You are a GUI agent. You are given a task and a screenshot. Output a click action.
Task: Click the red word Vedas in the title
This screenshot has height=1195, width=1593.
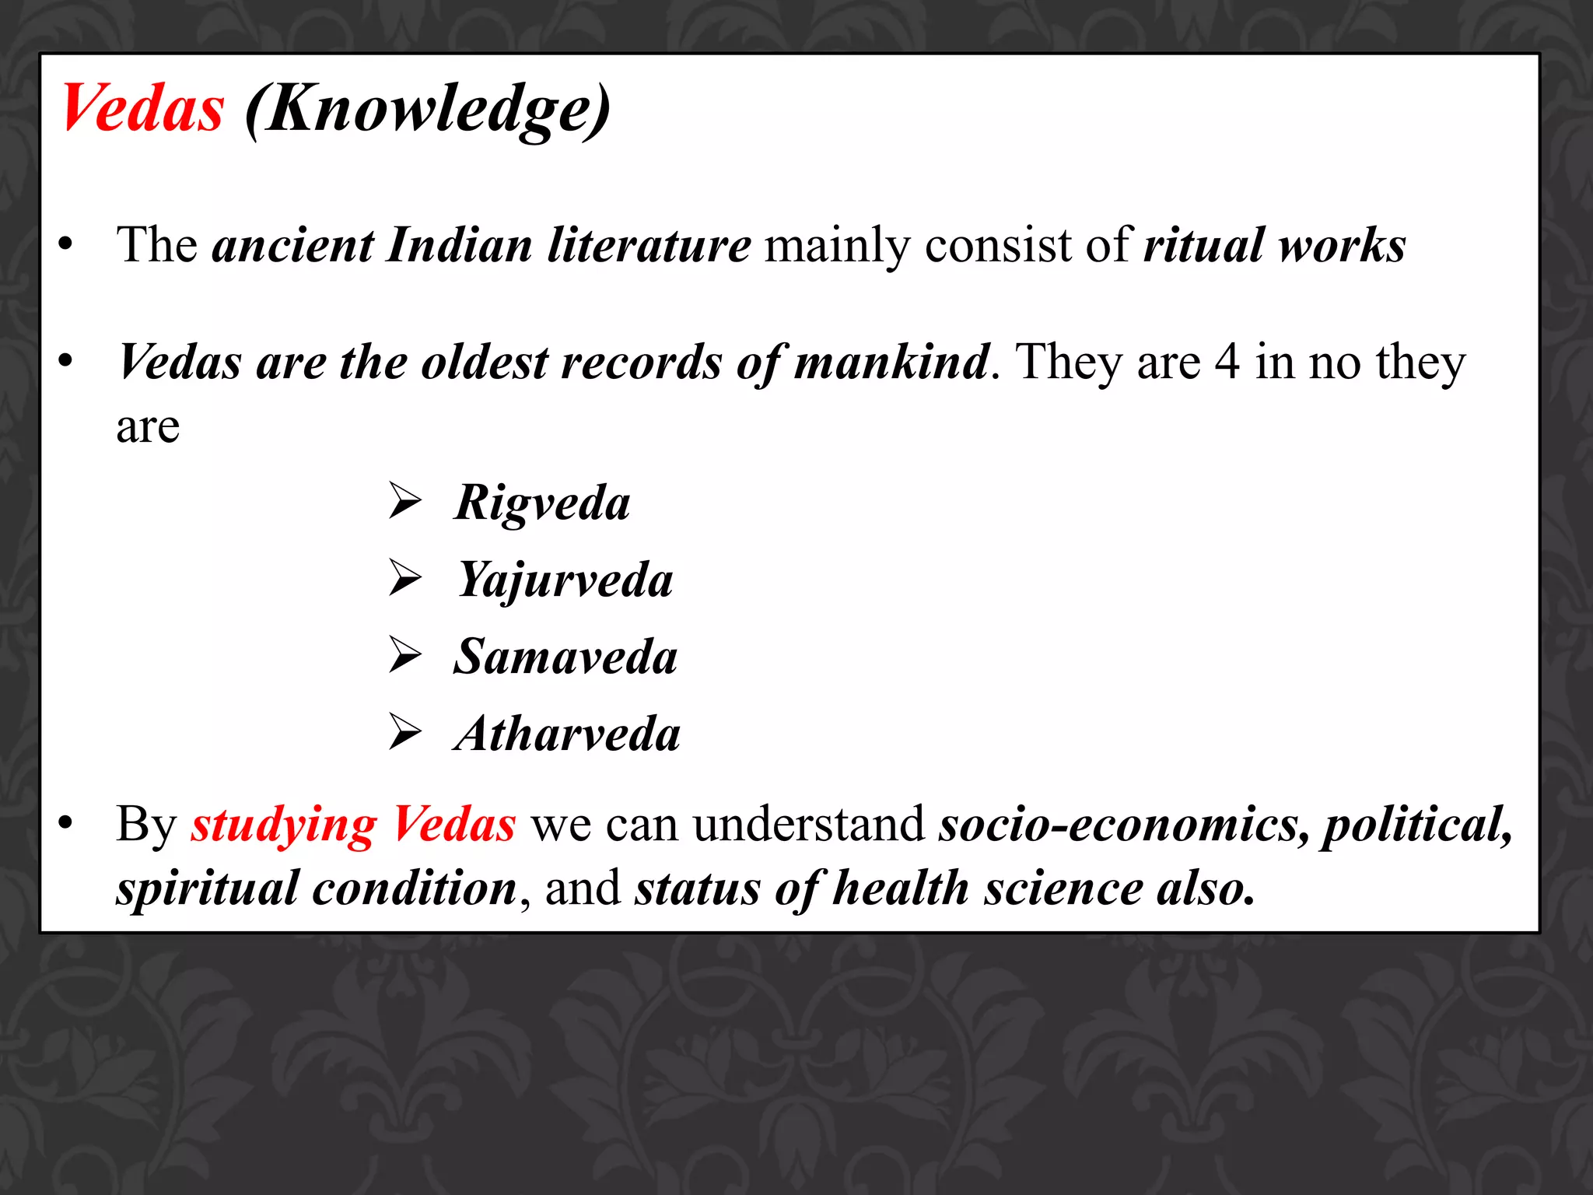pos(143,109)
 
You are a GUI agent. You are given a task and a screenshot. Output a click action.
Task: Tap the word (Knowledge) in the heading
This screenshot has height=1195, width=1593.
pos(427,110)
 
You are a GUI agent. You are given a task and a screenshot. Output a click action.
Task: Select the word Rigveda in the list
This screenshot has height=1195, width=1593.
pos(542,503)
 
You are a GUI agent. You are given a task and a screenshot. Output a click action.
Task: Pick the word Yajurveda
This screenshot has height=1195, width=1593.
pos(565,580)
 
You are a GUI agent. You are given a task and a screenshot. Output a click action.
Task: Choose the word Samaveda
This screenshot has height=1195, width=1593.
pos(565,657)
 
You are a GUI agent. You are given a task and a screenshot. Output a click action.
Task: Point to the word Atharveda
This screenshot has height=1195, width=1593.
pos(567,734)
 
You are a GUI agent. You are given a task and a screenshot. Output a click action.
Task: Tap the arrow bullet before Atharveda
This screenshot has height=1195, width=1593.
pos(405,732)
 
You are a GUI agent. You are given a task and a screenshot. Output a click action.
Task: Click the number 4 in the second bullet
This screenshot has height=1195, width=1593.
pos(1227,362)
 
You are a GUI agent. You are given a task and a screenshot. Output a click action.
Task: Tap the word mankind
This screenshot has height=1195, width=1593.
pos(892,362)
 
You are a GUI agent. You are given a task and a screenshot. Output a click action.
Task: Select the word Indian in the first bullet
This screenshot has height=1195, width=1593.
pos(459,245)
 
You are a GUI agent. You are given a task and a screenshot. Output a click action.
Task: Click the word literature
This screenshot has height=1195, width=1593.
pos(649,245)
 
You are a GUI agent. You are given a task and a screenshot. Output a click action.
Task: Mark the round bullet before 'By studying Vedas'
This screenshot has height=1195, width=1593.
pos(66,824)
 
